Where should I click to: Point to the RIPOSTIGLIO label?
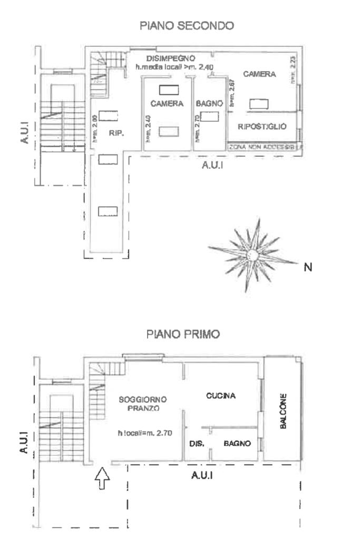coord(262,127)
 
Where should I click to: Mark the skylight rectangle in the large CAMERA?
coord(258,104)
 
